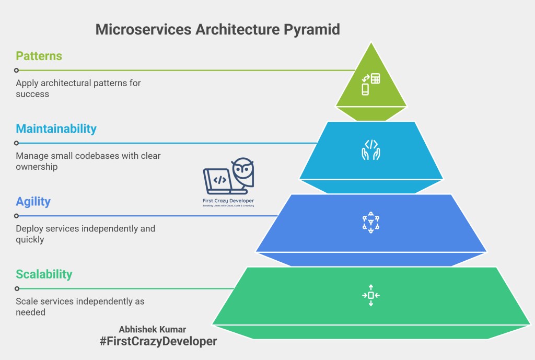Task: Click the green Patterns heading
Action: [39, 56]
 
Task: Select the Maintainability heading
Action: [56, 129]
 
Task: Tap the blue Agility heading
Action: [33, 202]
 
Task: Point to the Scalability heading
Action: [44, 274]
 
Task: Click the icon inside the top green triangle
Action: [371, 84]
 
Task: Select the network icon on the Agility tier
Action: [371, 223]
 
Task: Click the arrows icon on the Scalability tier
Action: [371, 295]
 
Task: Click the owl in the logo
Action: [243, 172]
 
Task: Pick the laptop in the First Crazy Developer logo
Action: [218, 181]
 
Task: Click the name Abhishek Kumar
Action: [152, 330]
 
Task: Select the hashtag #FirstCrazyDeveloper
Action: [158, 342]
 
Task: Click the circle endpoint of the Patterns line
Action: [17, 70]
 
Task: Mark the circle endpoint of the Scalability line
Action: [17, 288]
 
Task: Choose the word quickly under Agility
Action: [30, 240]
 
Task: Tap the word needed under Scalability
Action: [31, 312]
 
